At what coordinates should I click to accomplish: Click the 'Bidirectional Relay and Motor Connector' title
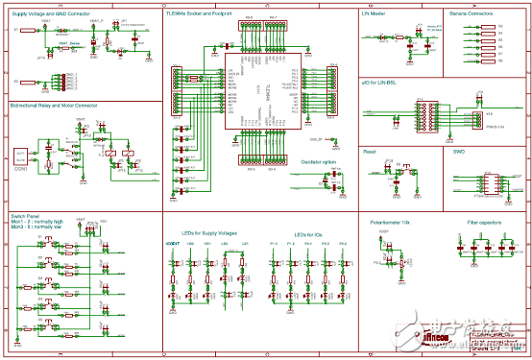coord(54,104)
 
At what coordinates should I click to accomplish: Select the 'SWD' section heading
coord(459,151)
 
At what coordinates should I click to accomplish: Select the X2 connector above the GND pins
coord(19,80)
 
